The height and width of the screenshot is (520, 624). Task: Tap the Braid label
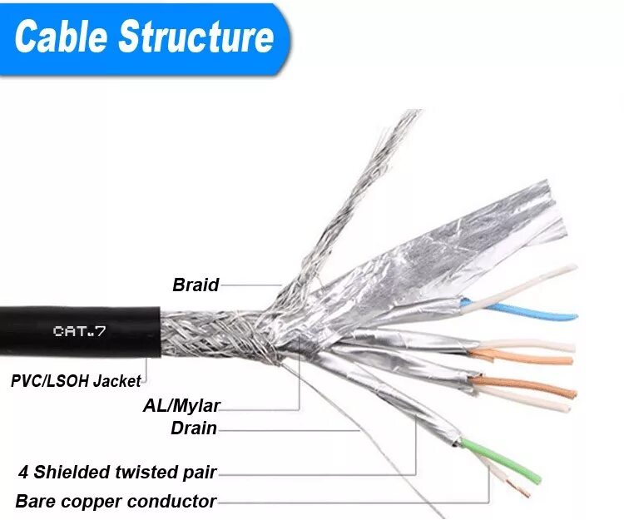tap(196, 285)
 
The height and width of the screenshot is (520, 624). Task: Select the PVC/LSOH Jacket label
tap(76, 381)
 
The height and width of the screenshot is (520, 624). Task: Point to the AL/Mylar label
tap(181, 407)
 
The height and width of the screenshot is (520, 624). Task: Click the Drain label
tap(193, 429)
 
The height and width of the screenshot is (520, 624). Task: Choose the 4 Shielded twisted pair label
tap(117, 473)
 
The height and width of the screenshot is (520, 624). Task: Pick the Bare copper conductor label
tap(116, 502)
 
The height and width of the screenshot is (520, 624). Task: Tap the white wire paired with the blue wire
tap(524, 287)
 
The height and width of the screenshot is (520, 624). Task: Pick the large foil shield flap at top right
tap(466, 233)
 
